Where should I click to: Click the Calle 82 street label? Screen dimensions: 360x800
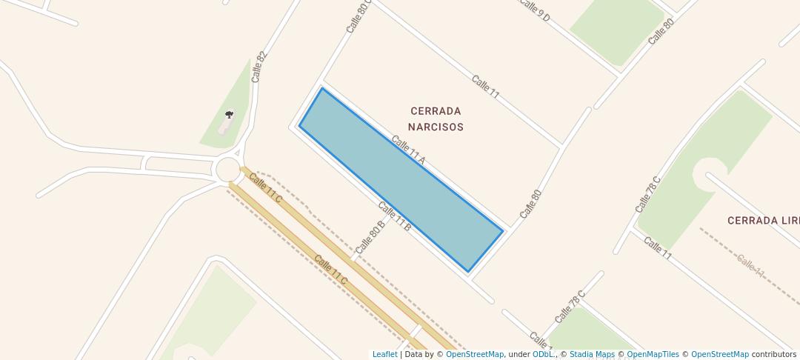pyautogui.click(x=259, y=66)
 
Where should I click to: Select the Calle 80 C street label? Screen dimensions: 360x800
pyautogui.click(x=359, y=16)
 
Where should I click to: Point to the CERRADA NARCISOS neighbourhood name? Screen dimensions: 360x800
pyautogui.click(x=436, y=119)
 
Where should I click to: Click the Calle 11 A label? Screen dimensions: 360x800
pyautogui.click(x=408, y=150)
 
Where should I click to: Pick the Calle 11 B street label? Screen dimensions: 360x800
pyautogui.click(x=394, y=216)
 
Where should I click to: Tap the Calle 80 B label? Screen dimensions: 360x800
pyautogui.click(x=370, y=236)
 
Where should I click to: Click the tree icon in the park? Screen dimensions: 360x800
pyautogui.click(x=229, y=115)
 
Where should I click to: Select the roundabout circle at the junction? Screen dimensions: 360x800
pyautogui.click(x=228, y=170)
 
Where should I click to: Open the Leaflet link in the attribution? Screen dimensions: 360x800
pyautogui.click(x=384, y=355)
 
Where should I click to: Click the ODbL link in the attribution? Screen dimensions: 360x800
pyautogui.click(x=543, y=355)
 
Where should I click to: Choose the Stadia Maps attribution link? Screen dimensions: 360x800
pyautogui.click(x=592, y=355)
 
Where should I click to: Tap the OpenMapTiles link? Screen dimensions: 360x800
pyautogui.click(x=653, y=355)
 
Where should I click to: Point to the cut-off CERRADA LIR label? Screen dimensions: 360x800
pyautogui.click(x=763, y=221)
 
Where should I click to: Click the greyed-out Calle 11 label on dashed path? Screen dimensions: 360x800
pyautogui.click(x=750, y=264)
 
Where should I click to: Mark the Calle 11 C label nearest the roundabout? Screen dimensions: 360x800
pyautogui.click(x=265, y=187)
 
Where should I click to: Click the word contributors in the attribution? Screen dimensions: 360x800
pyautogui.click(x=774, y=355)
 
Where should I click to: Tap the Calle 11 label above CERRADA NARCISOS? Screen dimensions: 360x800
pyautogui.click(x=485, y=87)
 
